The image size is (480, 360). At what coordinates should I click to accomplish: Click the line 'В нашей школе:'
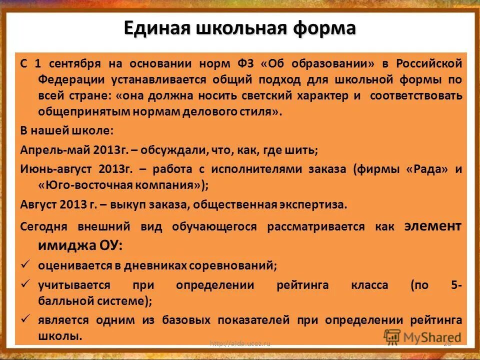67,130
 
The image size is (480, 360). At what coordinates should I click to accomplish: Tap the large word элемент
433,225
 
